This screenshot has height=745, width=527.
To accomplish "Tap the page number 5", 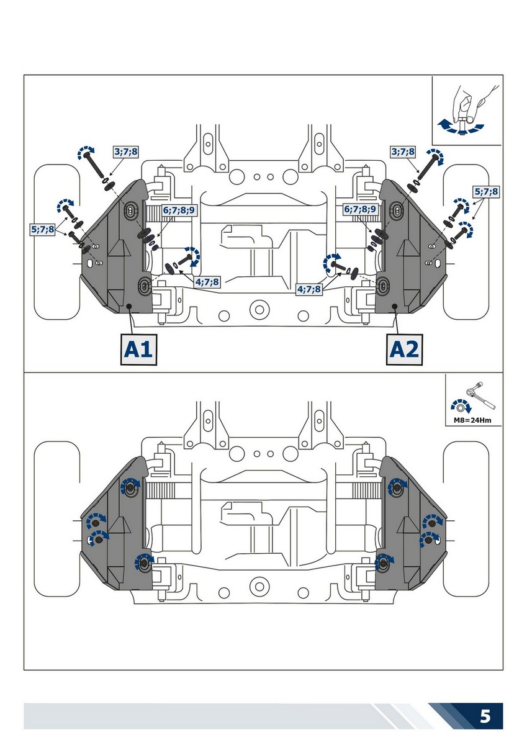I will [x=485, y=717].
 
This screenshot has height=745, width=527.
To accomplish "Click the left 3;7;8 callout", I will [x=125, y=151].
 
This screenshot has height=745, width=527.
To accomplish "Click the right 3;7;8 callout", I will [x=403, y=151].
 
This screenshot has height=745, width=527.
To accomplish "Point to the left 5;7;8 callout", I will [x=42, y=229].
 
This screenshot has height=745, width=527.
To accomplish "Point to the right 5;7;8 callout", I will [x=486, y=192].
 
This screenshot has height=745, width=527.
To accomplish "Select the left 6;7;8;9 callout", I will [x=179, y=210].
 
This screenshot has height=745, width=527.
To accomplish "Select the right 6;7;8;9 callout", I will [x=360, y=210].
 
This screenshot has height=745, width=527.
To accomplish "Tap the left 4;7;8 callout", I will [x=207, y=282].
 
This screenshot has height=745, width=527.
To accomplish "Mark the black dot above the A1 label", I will [x=128, y=307].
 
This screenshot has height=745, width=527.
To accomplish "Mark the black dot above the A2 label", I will [x=396, y=306].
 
